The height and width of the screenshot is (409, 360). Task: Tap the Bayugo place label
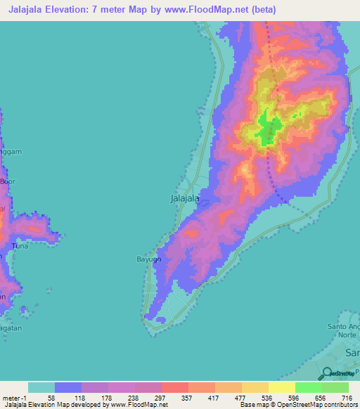click(148, 259)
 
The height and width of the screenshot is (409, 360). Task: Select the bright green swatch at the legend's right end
click(335, 387)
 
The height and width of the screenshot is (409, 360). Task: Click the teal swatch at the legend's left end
click(41, 387)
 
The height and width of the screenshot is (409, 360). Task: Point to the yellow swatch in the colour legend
click(281, 387)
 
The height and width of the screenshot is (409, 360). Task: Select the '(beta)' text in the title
click(262, 10)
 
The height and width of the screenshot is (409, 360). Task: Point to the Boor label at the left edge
click(7, 181)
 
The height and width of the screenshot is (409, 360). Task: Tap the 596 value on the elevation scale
click(294, 397)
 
